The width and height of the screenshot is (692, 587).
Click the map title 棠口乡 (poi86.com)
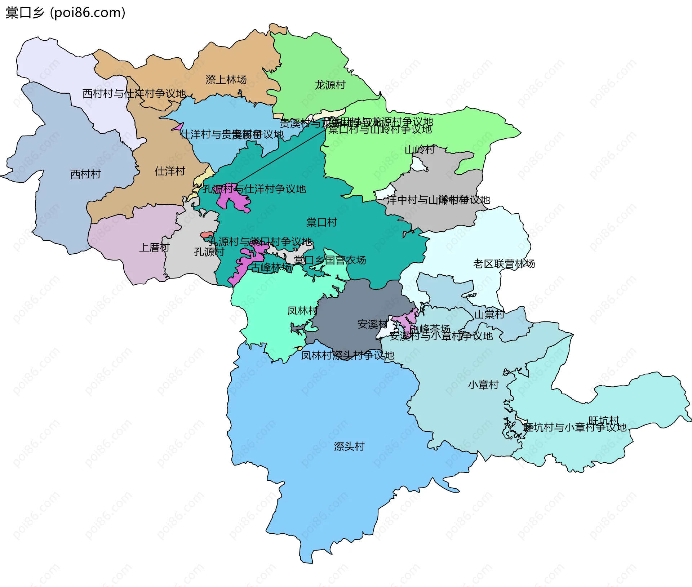pyautogui.click(x=65, y=13)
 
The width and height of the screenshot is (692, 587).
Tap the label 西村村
pyautogui.click(x=85, y=174)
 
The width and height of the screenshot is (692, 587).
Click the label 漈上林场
pyautogui.click(x=226, y=80)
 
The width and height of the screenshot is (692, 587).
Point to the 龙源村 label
pyautogui.click(x=330, y=85)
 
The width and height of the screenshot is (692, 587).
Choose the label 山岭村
pyautogui.click(x=420, y=149)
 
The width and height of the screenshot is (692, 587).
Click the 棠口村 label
pyautogui.click(x=321, y=222)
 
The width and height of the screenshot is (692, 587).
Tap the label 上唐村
pyautogui.click(x=154, y=247)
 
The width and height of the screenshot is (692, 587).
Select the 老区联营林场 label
pyautogui.click(x=504, y=264)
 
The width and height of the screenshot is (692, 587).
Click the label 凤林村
pyautogui.click(x=302, y=311)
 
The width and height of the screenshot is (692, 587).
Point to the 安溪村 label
pyautogui.click(x=372, y=324)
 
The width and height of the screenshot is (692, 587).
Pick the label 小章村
pyautogui.click(x=483, y=384)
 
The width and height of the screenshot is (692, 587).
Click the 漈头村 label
pyautogui.click(x=349, y=446)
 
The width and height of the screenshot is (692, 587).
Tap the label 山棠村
pyautogui.click(x=489, y=314)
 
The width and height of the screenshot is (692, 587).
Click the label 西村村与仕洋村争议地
pyautogui.click(x=134, y=94)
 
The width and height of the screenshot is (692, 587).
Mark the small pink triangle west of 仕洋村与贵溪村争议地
pyautogui.click(x=178, y=127)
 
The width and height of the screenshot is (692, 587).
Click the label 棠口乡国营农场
pyautogui.click(x=329, y=260)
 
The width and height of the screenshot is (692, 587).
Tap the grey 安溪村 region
pyautogui.click(x=346, y=317)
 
